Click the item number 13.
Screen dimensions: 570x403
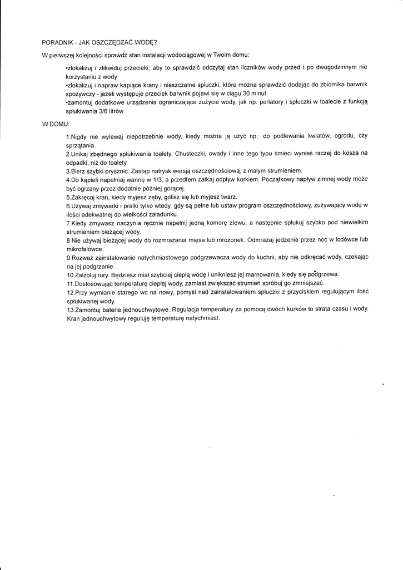pyautogui.click(x=69, y=309)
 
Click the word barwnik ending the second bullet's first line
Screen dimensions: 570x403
pyautogui.click(x=356, y=85)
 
